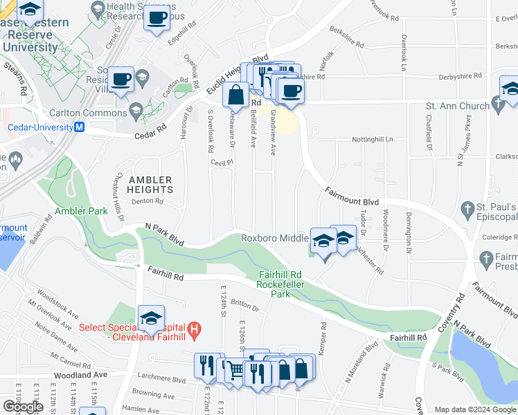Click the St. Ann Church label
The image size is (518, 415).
coord(457,106)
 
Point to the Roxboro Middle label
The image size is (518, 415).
coord(274,238)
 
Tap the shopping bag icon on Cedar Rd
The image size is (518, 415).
coord(235,95)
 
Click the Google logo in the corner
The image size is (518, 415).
coord(23,407)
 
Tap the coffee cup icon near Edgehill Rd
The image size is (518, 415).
coord(157,17)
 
